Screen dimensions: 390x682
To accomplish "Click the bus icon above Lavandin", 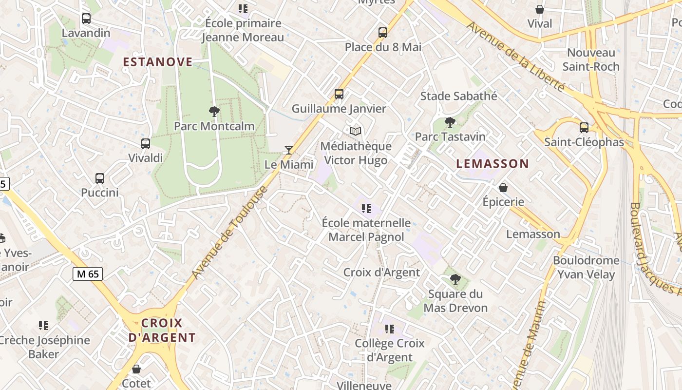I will click(x=86, y=19).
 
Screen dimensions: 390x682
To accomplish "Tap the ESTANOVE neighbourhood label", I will click(x=158, y=62).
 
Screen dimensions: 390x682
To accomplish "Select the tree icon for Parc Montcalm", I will click(x=214, y=112).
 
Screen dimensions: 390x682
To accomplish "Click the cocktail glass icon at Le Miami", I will click(x=289, y=150).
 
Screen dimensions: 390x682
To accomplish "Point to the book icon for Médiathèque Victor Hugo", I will click(x=356, y=131).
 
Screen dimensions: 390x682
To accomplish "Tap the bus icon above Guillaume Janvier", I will click(x=339, y=94).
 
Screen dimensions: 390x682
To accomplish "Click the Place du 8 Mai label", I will click(x=383, y=47).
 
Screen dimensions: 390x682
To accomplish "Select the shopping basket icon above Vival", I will click(x=540, y=9).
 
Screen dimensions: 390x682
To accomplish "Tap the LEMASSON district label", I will click(x=493, y=164).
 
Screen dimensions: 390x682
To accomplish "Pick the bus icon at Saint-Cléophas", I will click(x=584, y=128).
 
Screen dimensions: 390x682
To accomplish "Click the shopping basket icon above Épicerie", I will click(x=503, y=187).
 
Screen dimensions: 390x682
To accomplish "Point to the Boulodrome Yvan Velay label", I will click(x=586, y=267).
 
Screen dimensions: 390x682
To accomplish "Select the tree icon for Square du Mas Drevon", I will click(x=455, y=279).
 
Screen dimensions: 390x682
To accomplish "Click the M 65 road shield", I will click(x=88, y=274).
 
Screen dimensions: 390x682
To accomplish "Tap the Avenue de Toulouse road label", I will click(x=229, y=234).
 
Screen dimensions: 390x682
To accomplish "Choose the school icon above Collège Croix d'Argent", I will click(x=389, y=329).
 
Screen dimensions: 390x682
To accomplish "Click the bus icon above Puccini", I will click(x=100, y=178).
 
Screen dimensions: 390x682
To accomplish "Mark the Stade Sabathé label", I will click(x=458, y=96).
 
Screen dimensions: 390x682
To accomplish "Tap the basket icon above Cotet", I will click(x=136, y=369).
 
